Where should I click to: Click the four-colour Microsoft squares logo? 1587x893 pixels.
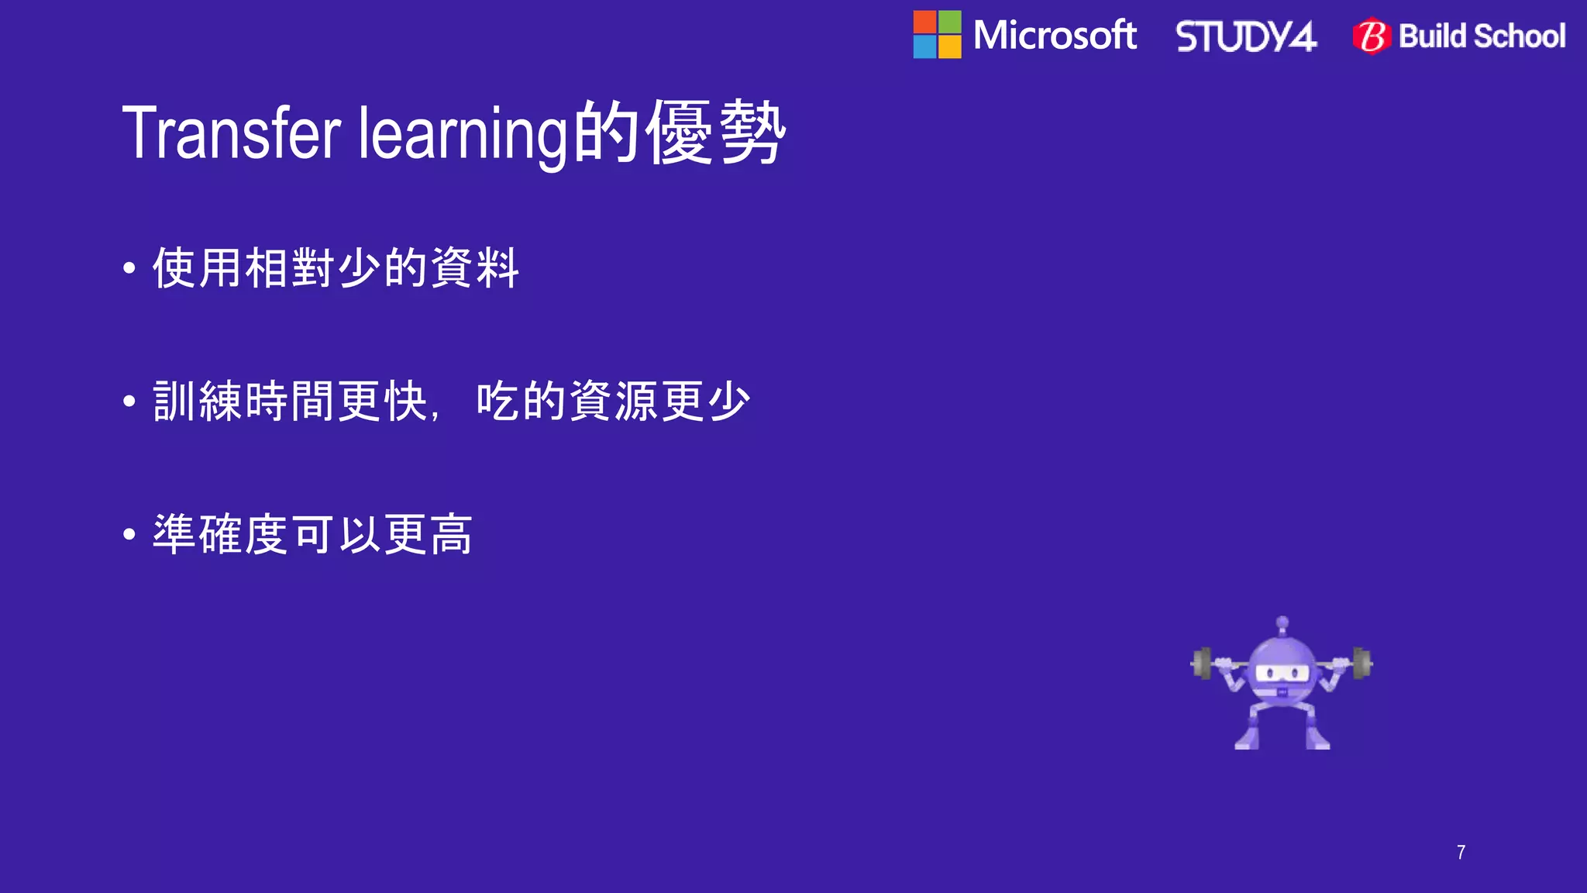[937, 35]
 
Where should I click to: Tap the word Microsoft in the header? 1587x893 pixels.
[1055, 36]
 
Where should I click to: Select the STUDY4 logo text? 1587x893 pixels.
[1245, 36]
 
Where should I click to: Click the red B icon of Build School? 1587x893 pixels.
[1372, 36]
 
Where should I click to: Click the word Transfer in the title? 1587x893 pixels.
[231, 133]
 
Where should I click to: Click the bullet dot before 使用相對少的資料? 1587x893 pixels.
[129, 269]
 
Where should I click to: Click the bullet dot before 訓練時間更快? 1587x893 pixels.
[129, 402]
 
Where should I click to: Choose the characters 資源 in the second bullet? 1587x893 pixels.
[613, 402]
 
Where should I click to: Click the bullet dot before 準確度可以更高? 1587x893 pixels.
[129, 534]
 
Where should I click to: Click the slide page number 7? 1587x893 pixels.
[1461, 853]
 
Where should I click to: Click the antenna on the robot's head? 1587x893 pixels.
[1282, 623]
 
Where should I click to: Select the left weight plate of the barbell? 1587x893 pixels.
[1202, 664]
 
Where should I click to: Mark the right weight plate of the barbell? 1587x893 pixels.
[1362, 663]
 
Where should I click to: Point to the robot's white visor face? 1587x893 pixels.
[1282, 673]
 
